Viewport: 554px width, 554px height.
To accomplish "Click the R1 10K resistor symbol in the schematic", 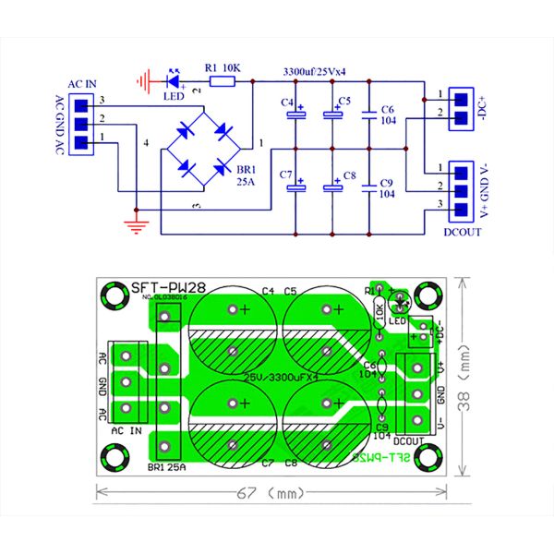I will (x=222, y=82).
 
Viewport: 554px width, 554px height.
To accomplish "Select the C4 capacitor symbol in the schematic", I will (x=296, y=115).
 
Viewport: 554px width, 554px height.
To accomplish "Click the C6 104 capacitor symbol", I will (x=369, y=115).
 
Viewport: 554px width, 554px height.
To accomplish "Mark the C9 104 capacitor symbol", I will (x=369, y=187).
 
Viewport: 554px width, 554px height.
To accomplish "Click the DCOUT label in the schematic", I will (x=462, y=232).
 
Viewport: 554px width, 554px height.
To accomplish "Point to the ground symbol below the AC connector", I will (x=136, y=224).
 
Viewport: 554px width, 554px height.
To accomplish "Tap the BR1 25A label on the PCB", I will (x=166, y=467).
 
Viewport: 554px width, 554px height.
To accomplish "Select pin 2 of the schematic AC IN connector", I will (x=81, y=122).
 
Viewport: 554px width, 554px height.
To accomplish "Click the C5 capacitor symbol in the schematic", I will (x=332, y=115).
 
